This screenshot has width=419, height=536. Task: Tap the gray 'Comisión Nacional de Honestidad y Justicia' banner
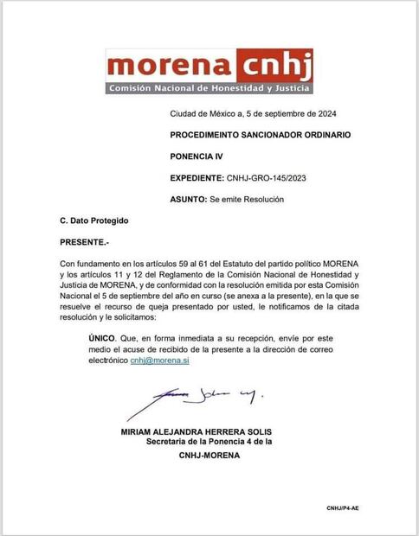(x=209, y=88)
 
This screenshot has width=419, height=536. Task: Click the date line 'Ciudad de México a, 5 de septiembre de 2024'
(x=260, y=115)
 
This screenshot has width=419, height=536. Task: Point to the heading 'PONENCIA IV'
(x=197, y=157)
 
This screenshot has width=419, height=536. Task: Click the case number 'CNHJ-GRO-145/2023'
(x=268, y=178)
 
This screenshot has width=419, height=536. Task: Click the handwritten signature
(x=206, y=396)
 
